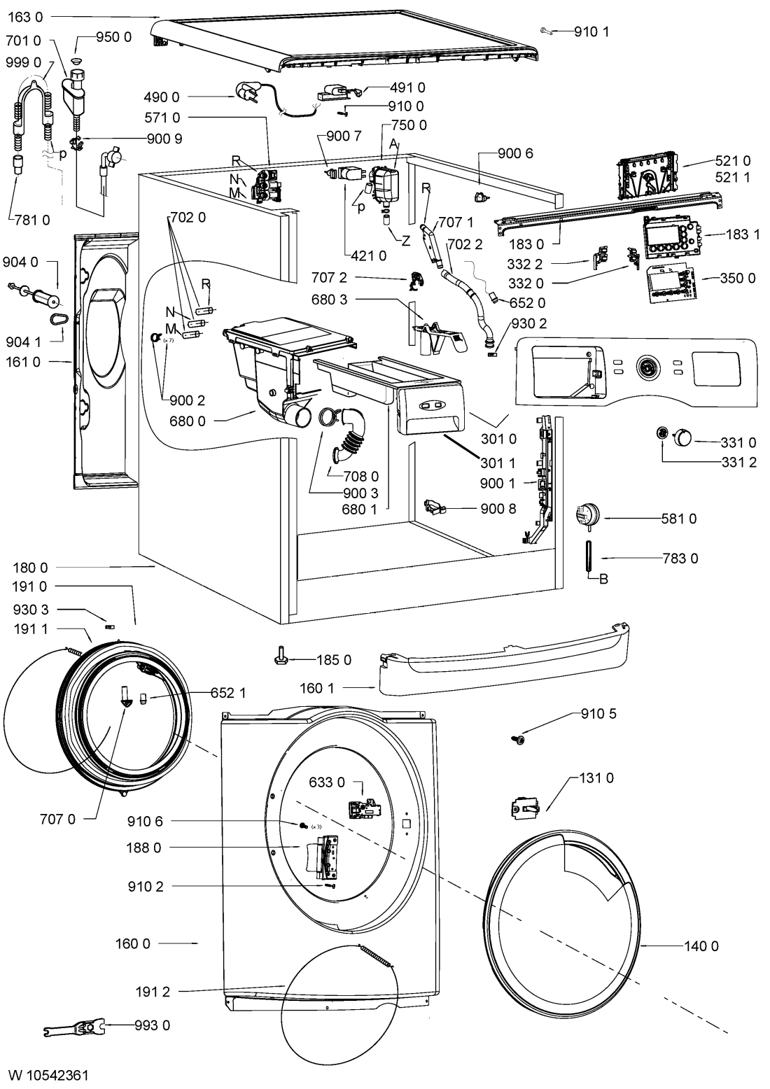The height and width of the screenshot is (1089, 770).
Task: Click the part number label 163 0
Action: pyautogui.click(x=25, y=17)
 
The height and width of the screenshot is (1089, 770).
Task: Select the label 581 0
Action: pyautogui.click(x=678, y=519)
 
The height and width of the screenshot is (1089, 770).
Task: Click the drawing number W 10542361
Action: pyautogui.click(x=48, y=1075)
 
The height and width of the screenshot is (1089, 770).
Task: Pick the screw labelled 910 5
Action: pyautogui.click(x=519, y=740)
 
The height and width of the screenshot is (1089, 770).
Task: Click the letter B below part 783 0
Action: pyautogui.click(x=603, y=579)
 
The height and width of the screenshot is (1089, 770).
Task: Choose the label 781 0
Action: pyautogui.click(x=31, y=220)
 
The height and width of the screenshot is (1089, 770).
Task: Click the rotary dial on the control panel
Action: pyautogui.click(x=647, y=367)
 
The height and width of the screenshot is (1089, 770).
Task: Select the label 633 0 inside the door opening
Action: pyautogui.click(x=327, y=782)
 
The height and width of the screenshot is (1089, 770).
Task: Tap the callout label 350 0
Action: pyautogui.click(x=738, y=278)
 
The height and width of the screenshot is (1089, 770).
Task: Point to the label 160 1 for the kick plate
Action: pyautogui.click(x=317, y=688)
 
